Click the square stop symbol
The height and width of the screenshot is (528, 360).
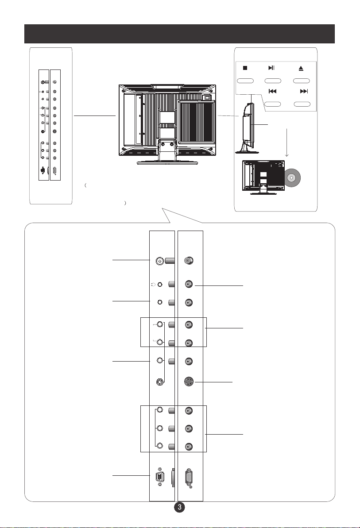pos(245,68)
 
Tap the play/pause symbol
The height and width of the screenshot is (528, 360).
pos(271,68)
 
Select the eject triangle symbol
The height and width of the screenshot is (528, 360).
pos(301,68)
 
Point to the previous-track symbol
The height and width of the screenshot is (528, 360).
pos(272,91)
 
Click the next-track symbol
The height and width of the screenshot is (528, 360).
pos(304,91)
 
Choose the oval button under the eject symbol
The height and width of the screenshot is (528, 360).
pos(302,81)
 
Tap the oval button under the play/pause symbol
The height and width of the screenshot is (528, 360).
pos(273,81)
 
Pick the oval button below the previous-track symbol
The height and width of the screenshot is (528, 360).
pos(273,104)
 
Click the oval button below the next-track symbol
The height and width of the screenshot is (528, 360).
pos(302,104)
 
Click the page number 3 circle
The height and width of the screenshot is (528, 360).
pos(180,507)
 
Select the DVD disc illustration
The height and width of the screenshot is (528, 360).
pos(292,178)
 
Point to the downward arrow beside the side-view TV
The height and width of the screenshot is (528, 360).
pos(286,143)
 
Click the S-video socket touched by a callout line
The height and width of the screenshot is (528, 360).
pos(189,382)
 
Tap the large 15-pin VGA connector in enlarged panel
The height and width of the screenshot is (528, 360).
pos(189,478)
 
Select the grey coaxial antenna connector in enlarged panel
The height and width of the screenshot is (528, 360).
pos(189,260)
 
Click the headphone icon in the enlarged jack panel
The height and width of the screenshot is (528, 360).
pos(154,285)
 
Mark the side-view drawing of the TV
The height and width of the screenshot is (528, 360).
pos(247,128)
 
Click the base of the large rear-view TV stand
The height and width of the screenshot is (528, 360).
pos(167,162)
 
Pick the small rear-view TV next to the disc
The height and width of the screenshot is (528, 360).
pos(263,177)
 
